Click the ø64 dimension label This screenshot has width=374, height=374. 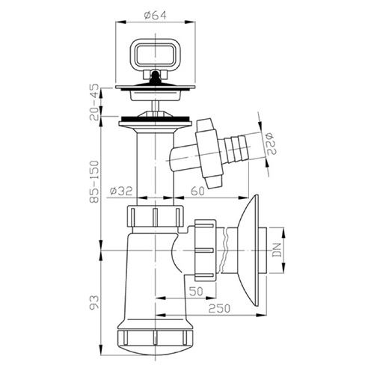[x=155, y=16]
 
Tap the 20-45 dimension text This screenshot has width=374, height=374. [x=94, y=102]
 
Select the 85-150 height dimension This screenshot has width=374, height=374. [x=94, y=181]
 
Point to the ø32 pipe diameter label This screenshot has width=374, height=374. [x=121, y=191]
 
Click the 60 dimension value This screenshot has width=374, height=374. [x=197, y=191]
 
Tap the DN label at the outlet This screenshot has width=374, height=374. [x=277, y=250]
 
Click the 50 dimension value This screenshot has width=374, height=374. [x=196, y=291]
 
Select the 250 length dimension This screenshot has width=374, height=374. [x=219, y=309]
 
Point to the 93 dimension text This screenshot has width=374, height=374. [x=94, y=302]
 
